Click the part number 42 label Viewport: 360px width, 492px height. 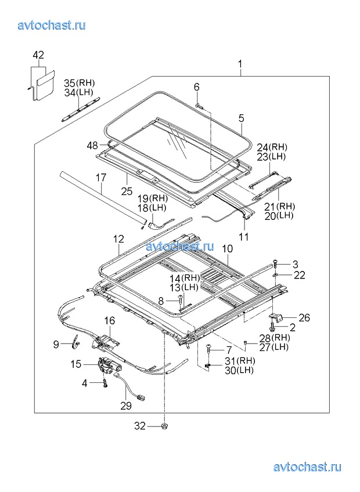click(x=38, y=56)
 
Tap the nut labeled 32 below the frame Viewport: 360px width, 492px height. click(x=164, y=426)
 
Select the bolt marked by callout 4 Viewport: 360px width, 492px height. click(x=105, y=384)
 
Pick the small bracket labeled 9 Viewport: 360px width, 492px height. click(x=75, y=341)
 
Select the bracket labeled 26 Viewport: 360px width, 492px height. click(x=276, y=317)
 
